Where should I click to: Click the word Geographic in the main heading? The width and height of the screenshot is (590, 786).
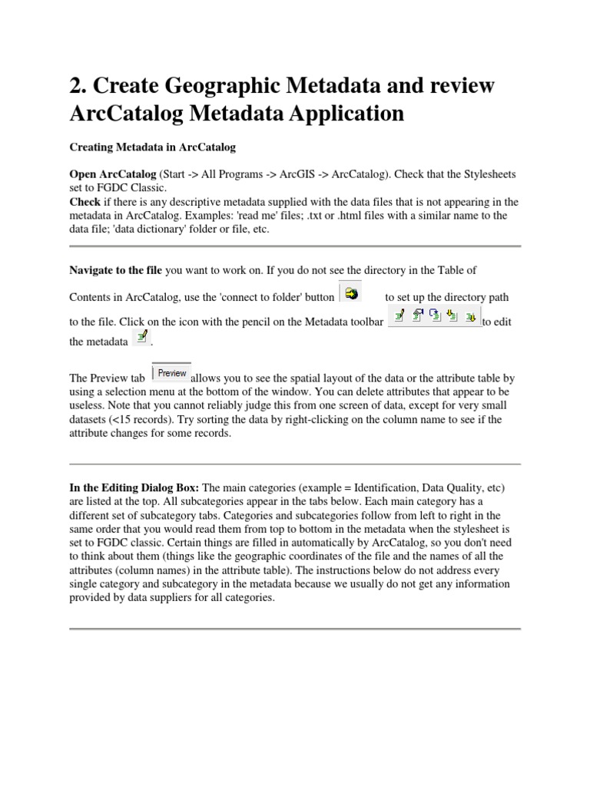click(x=211, y=87)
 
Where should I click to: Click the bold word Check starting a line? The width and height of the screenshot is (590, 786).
click(x=85, y=202)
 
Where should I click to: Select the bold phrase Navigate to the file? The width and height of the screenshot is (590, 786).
click(x=116, y=270)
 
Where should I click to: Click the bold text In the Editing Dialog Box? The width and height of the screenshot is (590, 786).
click(x=134, y=488)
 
